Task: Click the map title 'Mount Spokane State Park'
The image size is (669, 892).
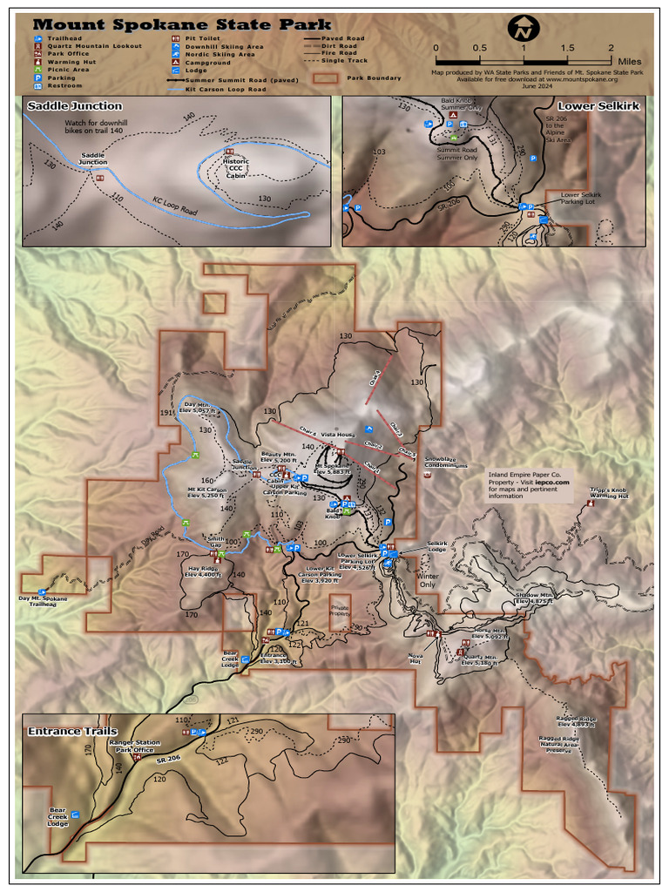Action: click(182, 25)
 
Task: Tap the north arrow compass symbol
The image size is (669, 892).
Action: click(524, 28)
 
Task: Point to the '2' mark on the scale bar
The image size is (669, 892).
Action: click(612, 48)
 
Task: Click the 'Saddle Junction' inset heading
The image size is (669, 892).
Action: click(74, 106)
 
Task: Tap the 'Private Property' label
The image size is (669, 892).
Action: click(340, 611)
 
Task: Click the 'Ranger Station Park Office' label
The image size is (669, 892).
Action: click(135, 746)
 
